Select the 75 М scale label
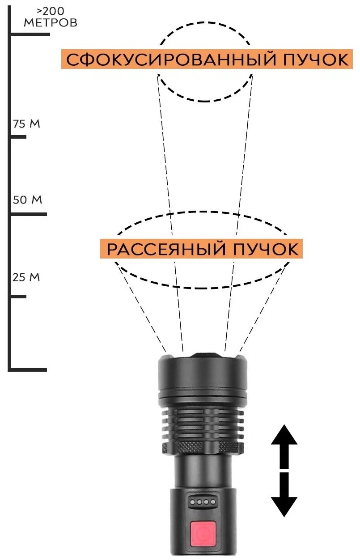coord(27,124)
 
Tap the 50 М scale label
coord(27,200)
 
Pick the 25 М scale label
coord(26,277)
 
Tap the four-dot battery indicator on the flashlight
coord(203,502)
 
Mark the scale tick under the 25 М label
coord(18,296)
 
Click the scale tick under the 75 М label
coord(18,136)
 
